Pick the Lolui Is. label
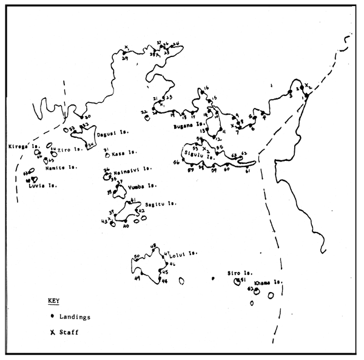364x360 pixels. click(185, 254)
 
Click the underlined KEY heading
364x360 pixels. click(53, 301)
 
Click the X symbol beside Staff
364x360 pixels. click(53, 332)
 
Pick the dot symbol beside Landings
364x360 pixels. click(53, 316)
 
